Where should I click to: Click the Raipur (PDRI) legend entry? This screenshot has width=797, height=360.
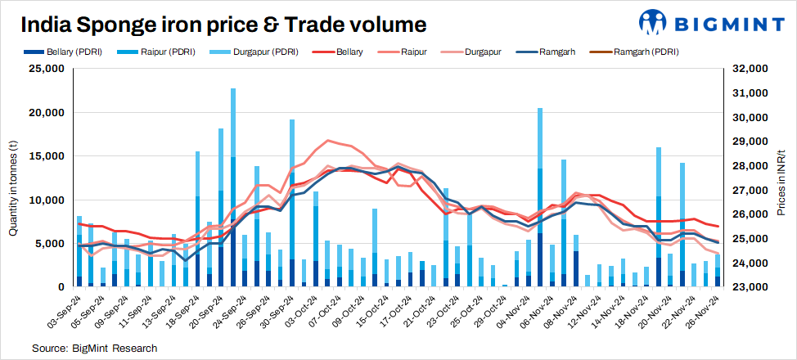tap(160, 52)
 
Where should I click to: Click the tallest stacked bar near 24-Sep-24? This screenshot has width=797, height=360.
tap(233, 188)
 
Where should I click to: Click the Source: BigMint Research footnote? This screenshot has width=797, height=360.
tap(94, 349)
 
